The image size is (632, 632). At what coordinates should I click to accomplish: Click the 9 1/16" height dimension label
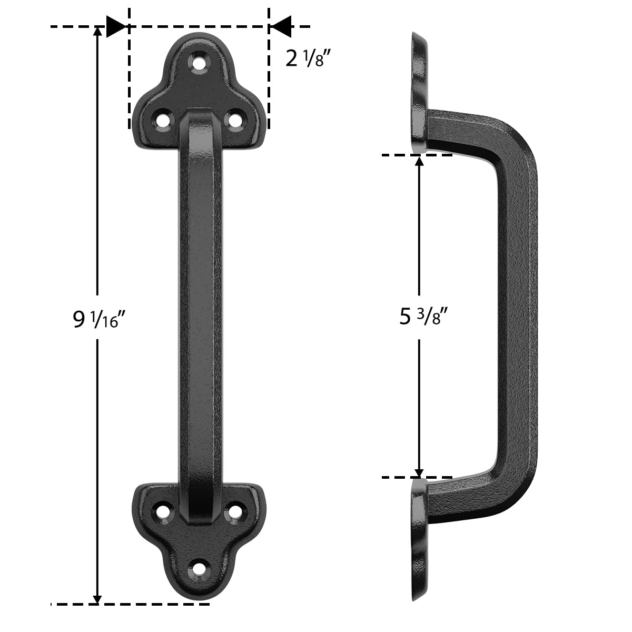[99, 320]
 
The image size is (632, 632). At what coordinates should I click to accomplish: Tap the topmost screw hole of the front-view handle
[199, 63]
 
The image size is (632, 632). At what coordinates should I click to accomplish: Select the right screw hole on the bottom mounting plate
[233, 511]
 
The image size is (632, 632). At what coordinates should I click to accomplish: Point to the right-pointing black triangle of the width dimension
[115, 26]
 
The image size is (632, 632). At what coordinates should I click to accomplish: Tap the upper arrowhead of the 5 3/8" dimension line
[419, 161]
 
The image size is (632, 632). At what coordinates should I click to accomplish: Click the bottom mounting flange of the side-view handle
[420, 542]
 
